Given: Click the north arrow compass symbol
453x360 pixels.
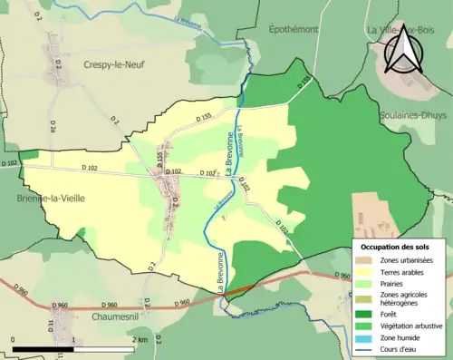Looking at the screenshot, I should tap(403, 48).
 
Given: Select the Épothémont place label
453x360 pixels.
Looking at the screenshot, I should tap(294, 29).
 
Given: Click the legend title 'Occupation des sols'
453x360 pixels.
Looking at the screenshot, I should tap(396, 247).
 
